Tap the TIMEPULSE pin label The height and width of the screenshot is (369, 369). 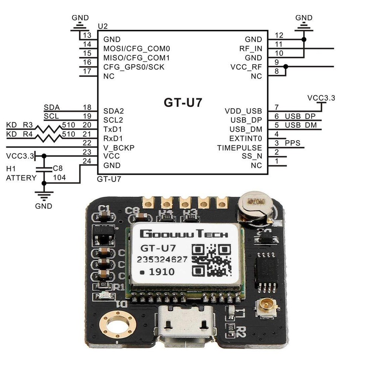point(239,148)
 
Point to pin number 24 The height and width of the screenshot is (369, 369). point(87,161)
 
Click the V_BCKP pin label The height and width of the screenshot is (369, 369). point(119,148)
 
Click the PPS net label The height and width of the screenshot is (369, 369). point(293,143)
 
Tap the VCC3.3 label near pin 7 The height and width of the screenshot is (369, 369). point(321,98)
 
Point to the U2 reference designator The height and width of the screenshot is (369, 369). point(102,27)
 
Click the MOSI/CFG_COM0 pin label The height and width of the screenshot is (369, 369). point(137,49)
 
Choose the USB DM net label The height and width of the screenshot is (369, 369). point(300,125)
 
